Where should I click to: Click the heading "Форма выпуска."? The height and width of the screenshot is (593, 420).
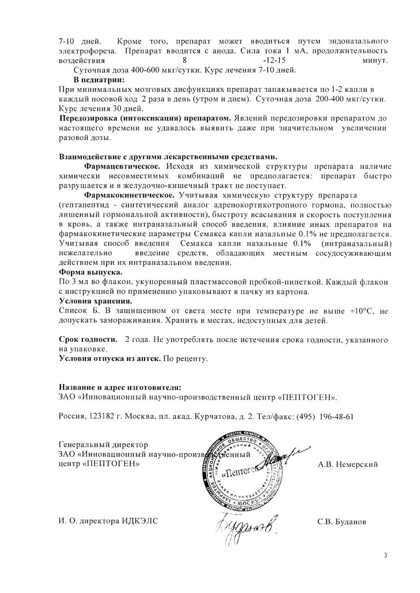[x=90, y=273]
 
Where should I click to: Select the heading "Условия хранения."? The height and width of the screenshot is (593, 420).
[x=96, y=301]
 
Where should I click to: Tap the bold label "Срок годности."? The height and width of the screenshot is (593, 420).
[x=88, y=340]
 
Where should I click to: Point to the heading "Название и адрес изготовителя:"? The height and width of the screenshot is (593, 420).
[x=120, y=387]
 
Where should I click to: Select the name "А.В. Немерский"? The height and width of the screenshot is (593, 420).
[x=348, y=464]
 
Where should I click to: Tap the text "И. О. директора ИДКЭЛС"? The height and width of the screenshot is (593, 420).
[x=108, y=521]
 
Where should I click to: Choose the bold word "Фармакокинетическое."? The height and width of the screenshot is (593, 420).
[x=128, y=195]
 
